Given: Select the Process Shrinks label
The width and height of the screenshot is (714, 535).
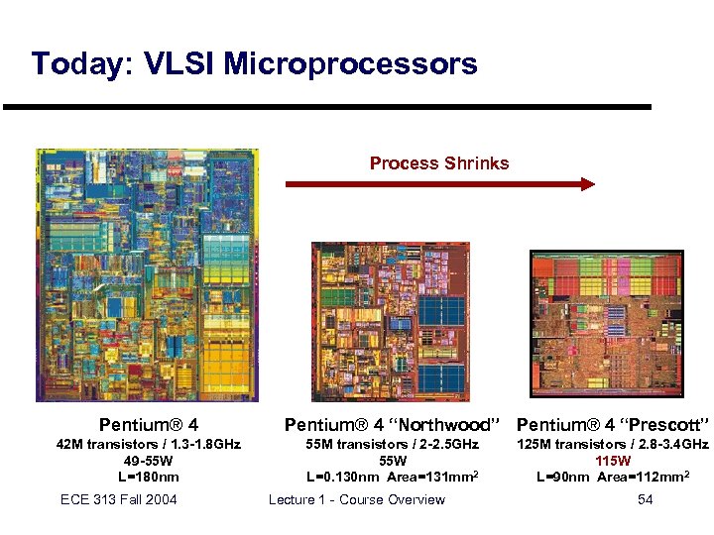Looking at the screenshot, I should pyautogui.click(x=439, y=162).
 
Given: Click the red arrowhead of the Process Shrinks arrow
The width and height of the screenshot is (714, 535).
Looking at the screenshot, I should pyautogui.click(x=587, y=183).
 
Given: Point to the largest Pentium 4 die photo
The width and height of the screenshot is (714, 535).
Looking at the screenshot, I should pyautogui.click(x=147, y=274).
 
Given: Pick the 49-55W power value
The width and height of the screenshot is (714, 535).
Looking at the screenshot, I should pyautogui.click(x=148, y=461).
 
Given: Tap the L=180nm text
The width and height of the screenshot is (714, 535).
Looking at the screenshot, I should pyautogui.click(x=148, y=477).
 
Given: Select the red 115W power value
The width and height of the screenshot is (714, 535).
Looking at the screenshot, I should pyautogui.click(x=612, y=461).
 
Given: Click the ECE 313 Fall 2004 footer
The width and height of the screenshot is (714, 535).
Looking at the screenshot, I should pyautogui.click(x=118, y=499).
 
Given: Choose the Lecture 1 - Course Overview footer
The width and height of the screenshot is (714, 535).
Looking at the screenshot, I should pyautogui.click(x=356, y=499).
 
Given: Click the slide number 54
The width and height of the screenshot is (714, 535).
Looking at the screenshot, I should pyautogui.click(x=645, y=499).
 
